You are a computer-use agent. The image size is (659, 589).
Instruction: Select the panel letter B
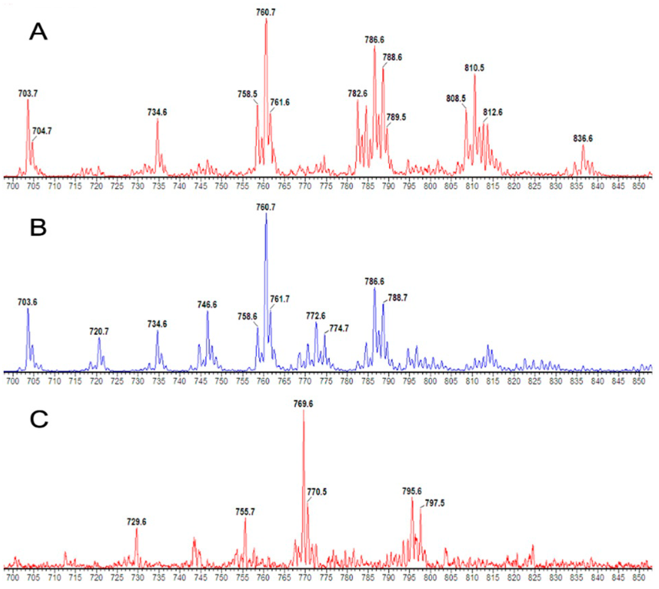pos(38,227)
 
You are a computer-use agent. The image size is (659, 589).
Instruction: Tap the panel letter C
pos(39,419)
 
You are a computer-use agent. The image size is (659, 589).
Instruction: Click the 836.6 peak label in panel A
pos(583,138)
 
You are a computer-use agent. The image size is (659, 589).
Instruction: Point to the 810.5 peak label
pos(474,68)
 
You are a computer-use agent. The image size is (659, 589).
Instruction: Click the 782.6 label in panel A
pos(357,93)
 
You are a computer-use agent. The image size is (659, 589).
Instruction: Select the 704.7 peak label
pos(42,131)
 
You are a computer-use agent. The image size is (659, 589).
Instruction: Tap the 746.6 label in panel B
pos(207,304)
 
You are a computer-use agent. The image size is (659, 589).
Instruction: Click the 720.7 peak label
pos(99,331)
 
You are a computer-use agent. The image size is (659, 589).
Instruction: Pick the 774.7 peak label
pos(339,328)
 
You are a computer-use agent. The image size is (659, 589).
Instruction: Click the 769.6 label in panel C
pos(303,404)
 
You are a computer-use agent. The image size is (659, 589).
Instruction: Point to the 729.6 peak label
pos(136,522)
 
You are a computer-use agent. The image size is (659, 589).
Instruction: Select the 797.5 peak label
pos(435,503)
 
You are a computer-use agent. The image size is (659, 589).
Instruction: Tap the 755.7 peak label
pos(245,512)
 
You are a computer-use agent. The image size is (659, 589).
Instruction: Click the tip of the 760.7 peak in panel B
pos(266,214)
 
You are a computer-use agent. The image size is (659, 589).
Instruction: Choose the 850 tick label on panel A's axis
pos(639,186)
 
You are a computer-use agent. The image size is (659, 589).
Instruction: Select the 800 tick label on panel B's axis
pos(430,381)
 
